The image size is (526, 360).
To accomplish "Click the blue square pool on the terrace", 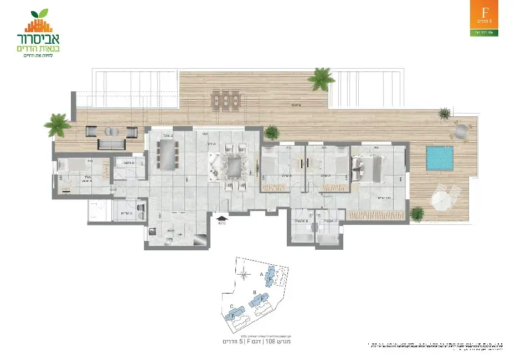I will tap(440, 158).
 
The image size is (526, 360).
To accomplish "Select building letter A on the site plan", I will tap(261, 274).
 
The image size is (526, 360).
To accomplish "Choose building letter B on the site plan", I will tap(254, 292).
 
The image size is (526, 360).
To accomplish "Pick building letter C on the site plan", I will tap(230, 306).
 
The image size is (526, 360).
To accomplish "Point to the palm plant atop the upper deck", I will tap(321, 79).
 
